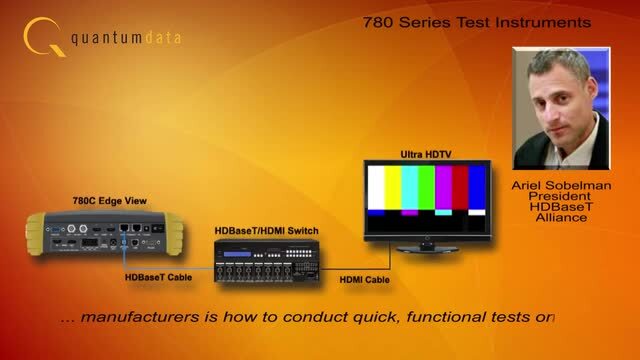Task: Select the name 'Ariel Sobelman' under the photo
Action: pos(561,186)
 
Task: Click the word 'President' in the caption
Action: pos(561,198)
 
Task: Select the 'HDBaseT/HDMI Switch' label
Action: pos(267,231)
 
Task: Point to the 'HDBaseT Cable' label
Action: pos(155,278)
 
